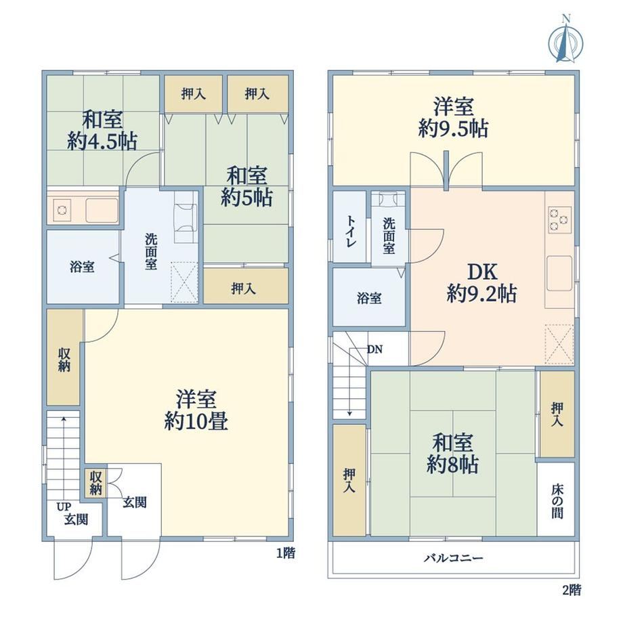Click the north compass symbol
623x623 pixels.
(566, 39)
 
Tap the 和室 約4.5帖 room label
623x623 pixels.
(102, 130)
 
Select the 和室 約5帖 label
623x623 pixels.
(246, 186)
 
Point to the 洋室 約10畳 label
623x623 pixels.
(196, 410)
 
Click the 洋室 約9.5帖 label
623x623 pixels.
(453, 118)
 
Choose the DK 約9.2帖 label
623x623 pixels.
(482, 283)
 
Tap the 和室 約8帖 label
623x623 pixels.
(452, 453)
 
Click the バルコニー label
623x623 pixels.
(453, 558)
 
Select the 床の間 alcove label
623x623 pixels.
(557, 501)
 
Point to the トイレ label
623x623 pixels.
(350, 231)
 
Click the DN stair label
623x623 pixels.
(374, 349)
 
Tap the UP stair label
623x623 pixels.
(63, 507)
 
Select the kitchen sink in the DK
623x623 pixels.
(559, 274)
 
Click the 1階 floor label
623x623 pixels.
(286, 553)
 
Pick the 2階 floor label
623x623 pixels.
(572, 590)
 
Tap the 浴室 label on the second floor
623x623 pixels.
(369, 298)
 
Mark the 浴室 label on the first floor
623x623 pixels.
(82, 267)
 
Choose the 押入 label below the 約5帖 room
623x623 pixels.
(243, 288)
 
